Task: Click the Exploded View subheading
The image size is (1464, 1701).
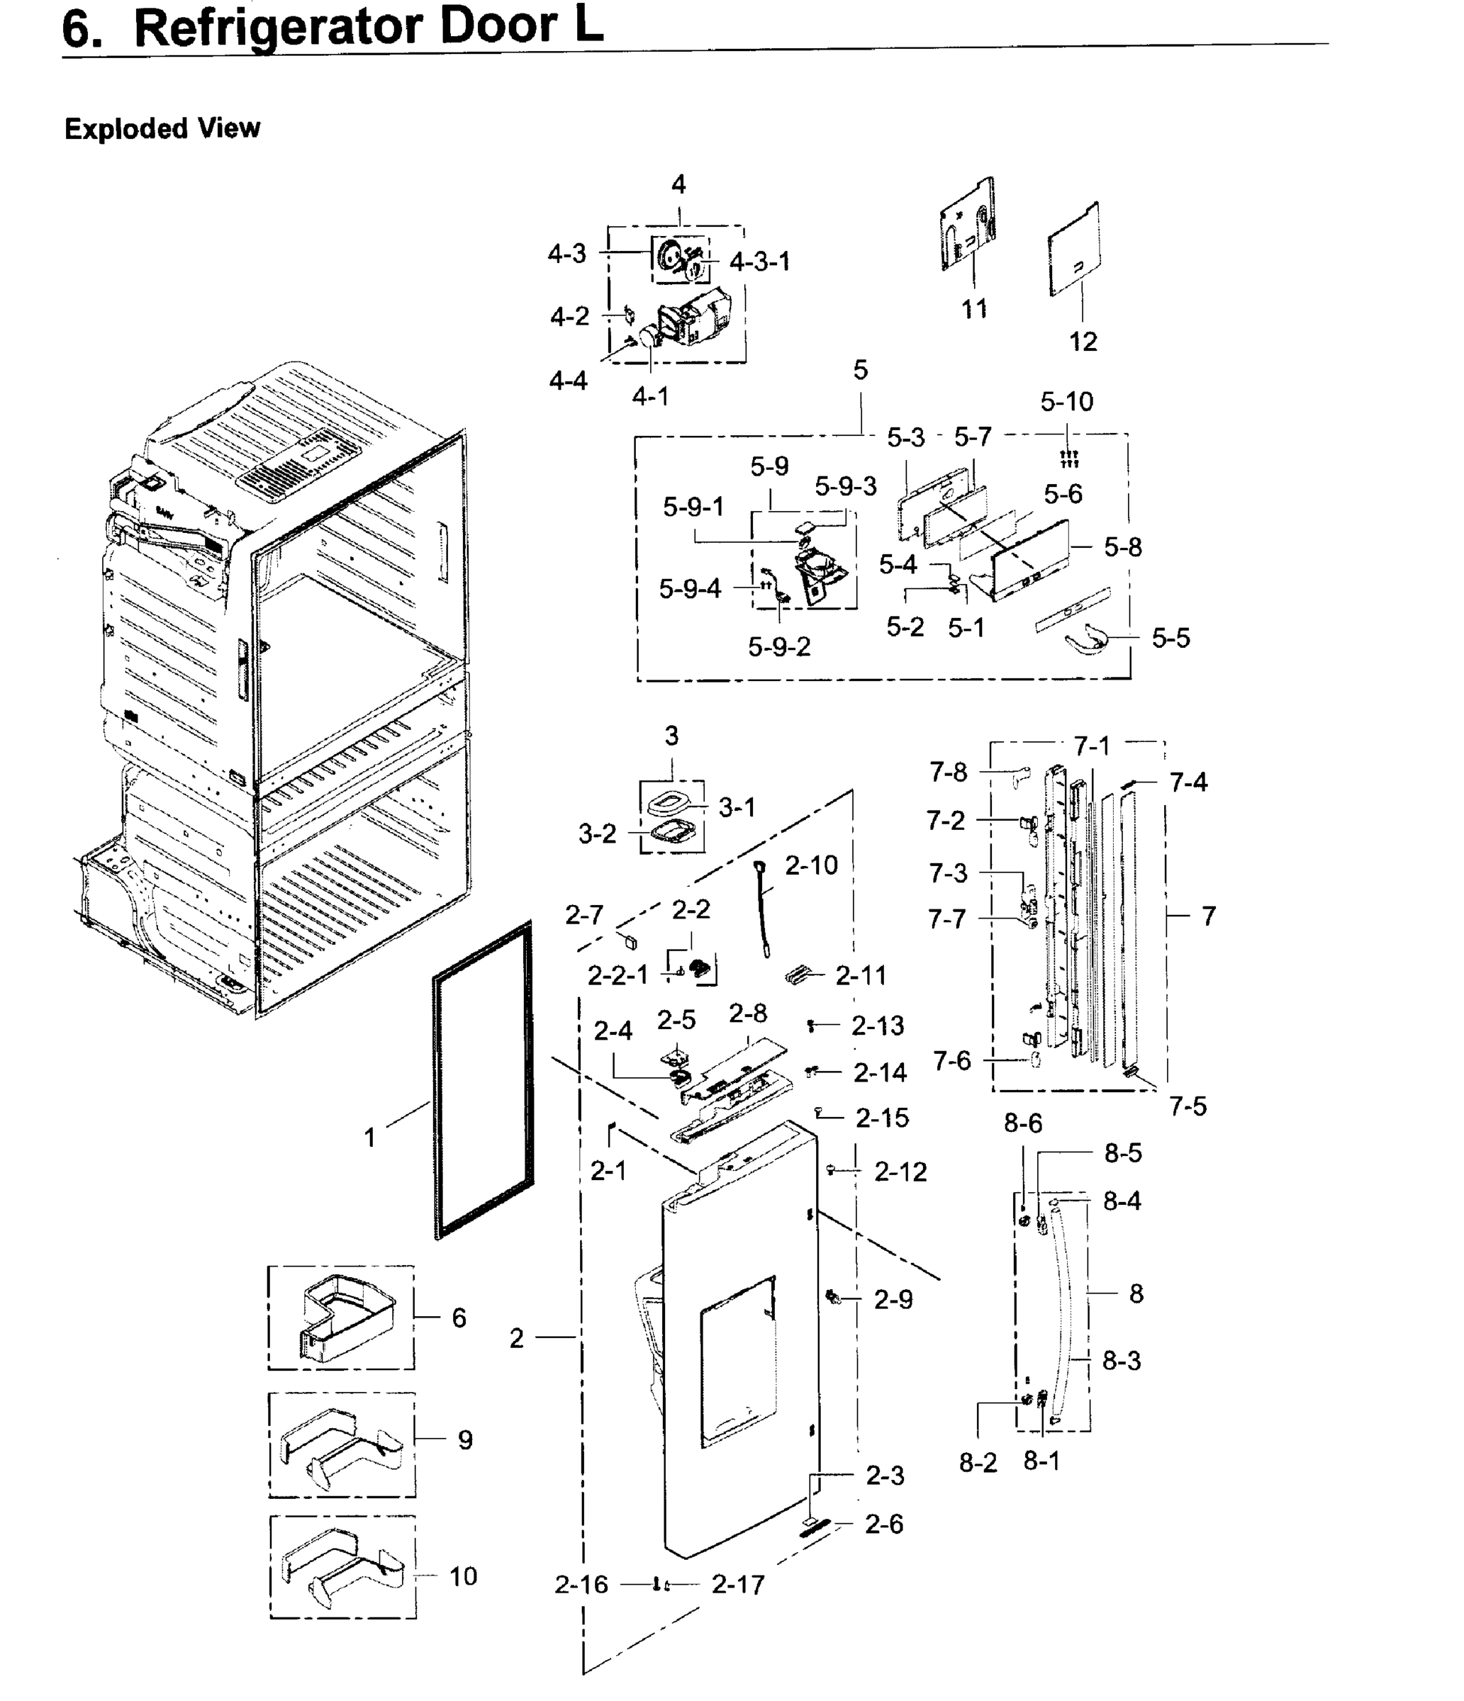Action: (162, 129)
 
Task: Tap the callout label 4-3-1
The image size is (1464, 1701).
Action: (759, 262)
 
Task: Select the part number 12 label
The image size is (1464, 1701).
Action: (1082, 342)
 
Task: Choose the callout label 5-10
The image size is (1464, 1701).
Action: (1066, 401)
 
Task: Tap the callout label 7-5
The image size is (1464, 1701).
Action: (1188, 1106)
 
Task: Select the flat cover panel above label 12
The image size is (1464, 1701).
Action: (1074, 250)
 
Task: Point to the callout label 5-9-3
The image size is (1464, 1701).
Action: (845, 487)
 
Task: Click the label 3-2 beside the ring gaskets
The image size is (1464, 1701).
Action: (597, 834)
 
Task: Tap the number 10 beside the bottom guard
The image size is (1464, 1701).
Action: (462, 1576)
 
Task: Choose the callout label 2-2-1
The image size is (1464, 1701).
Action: (618, 975)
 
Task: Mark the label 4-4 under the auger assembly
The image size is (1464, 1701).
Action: (568, 381)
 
